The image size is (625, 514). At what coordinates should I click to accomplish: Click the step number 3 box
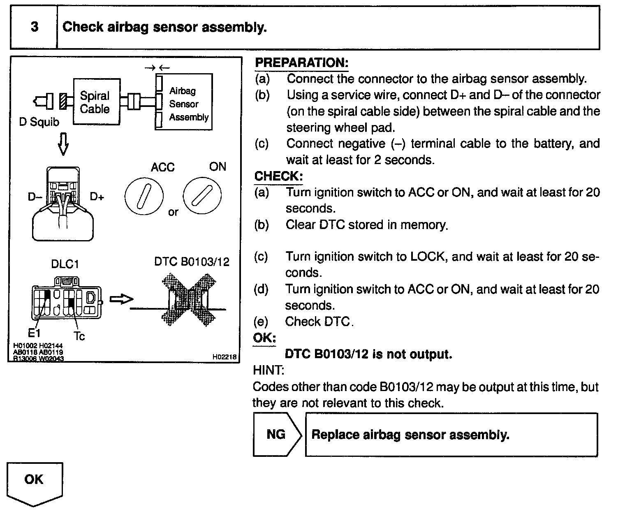point(34,27)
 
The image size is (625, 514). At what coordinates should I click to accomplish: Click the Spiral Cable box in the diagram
point(96,102)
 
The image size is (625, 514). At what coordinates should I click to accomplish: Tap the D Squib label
point(39,122)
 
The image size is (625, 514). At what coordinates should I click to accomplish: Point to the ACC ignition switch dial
point(144,196)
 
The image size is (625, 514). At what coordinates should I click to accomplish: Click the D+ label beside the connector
point(97,197)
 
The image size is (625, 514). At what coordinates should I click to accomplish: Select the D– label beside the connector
point(35,197)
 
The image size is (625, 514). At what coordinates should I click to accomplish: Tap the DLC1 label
point(65,264)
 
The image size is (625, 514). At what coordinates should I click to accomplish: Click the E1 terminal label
point(34,332)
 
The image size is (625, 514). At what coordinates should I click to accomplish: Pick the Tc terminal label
point(79,336)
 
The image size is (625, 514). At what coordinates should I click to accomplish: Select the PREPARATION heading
point(301,63)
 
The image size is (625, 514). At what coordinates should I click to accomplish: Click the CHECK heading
point(278,176)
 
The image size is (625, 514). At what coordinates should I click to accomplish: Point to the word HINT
point(268,370)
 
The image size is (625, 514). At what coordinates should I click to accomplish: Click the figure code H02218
point(225,357)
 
